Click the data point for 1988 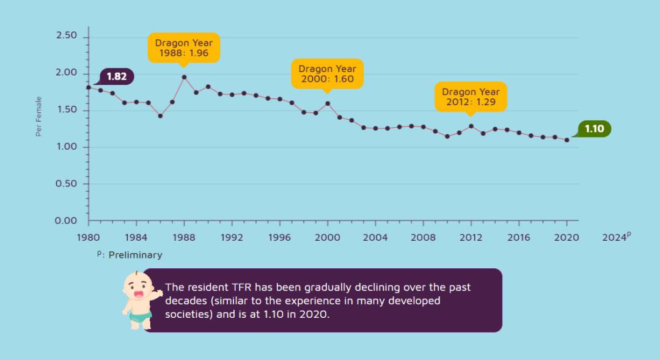(184, 77)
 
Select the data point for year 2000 (328, 103)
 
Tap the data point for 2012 (471, 126)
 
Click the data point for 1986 (160, 116)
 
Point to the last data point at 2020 (566, 140)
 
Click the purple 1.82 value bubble (116, 76)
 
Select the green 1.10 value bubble (594, 129)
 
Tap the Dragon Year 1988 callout (184, 48)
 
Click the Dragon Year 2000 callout (328, 74)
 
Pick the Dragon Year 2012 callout (471, 97)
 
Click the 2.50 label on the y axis (66, 36)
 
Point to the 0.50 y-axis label (66, 184)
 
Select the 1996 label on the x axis (279, 237)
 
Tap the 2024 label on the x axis (615, 237)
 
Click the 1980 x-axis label (89, 237)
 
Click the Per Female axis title (39, 116)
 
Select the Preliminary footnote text (134, 255)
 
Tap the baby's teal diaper (141, 317)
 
